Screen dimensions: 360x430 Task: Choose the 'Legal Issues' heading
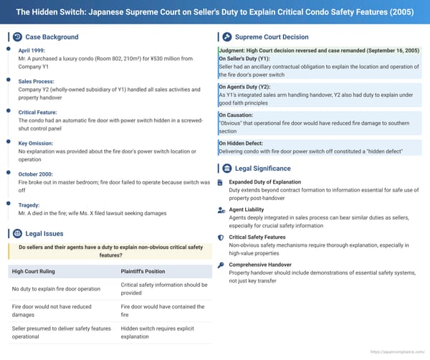pos(44,234)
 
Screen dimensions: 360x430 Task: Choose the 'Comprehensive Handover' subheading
pos(264,265)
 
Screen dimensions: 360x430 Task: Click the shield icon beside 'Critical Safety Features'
pos(221,237)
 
